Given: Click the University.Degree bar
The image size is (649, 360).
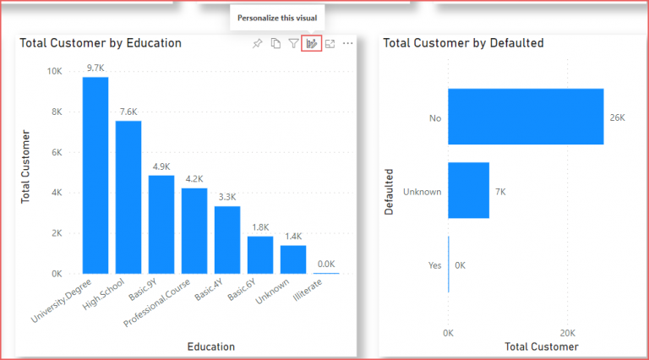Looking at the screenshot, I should (x=95, y=175).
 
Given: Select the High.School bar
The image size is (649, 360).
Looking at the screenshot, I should (x=128, y=197).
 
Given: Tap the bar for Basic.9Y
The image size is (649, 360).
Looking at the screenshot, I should (x=161, y=224).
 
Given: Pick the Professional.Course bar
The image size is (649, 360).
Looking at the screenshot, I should (x=194, y=231).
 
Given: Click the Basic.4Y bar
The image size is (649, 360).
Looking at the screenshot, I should (x=227, y=240).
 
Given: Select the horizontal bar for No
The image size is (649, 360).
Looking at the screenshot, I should (x=526, y=117).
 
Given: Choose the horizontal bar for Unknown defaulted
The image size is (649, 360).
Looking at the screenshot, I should (x=468, y=190).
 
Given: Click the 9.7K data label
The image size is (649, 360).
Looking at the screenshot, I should (x=95, y=67).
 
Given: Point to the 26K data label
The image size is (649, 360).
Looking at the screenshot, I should (x=618, y=117).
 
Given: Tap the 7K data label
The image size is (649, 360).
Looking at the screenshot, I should (x=499, y=192).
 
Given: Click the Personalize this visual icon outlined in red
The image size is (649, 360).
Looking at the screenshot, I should (x=311, y=43).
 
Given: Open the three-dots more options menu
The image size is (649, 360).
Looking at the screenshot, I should (x=347, y=43).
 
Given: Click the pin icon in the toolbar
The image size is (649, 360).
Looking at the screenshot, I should (x=258, y=43).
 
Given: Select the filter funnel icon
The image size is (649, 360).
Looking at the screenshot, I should (x=293, y=43).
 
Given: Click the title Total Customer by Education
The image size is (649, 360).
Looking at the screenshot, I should (x=101, y=43).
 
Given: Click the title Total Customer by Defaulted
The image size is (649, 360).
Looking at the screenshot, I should (x=463, y=43).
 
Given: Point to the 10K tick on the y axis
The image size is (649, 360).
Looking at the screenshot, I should (x=53, y=72).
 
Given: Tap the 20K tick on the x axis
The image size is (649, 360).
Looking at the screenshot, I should (x=568, y=333).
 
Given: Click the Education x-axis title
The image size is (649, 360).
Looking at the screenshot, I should (x=211, y=346).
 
